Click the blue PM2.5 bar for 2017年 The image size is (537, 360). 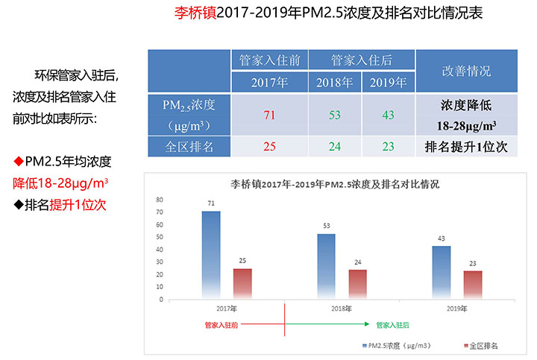click(211, 255)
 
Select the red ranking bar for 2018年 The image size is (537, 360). click(358, 284)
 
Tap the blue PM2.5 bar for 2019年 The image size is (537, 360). click(442, 272)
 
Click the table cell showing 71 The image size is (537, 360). click(269, 114)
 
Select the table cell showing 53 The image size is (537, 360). click(336, 114)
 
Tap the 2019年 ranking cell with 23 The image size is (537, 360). click(389, 146)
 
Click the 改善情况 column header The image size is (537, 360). click(466, 72)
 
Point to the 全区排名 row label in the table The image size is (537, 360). click(189, 146)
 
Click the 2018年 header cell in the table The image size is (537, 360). click(336, 82)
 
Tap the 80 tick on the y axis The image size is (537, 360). click(159, 200)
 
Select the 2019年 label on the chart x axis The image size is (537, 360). click(456, 308)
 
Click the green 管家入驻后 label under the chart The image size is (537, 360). click(392, 325)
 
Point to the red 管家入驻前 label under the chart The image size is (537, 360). click(221, 325)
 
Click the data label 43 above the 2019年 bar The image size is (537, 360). click(442, 239)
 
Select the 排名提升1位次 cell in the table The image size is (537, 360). click(466, 146)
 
